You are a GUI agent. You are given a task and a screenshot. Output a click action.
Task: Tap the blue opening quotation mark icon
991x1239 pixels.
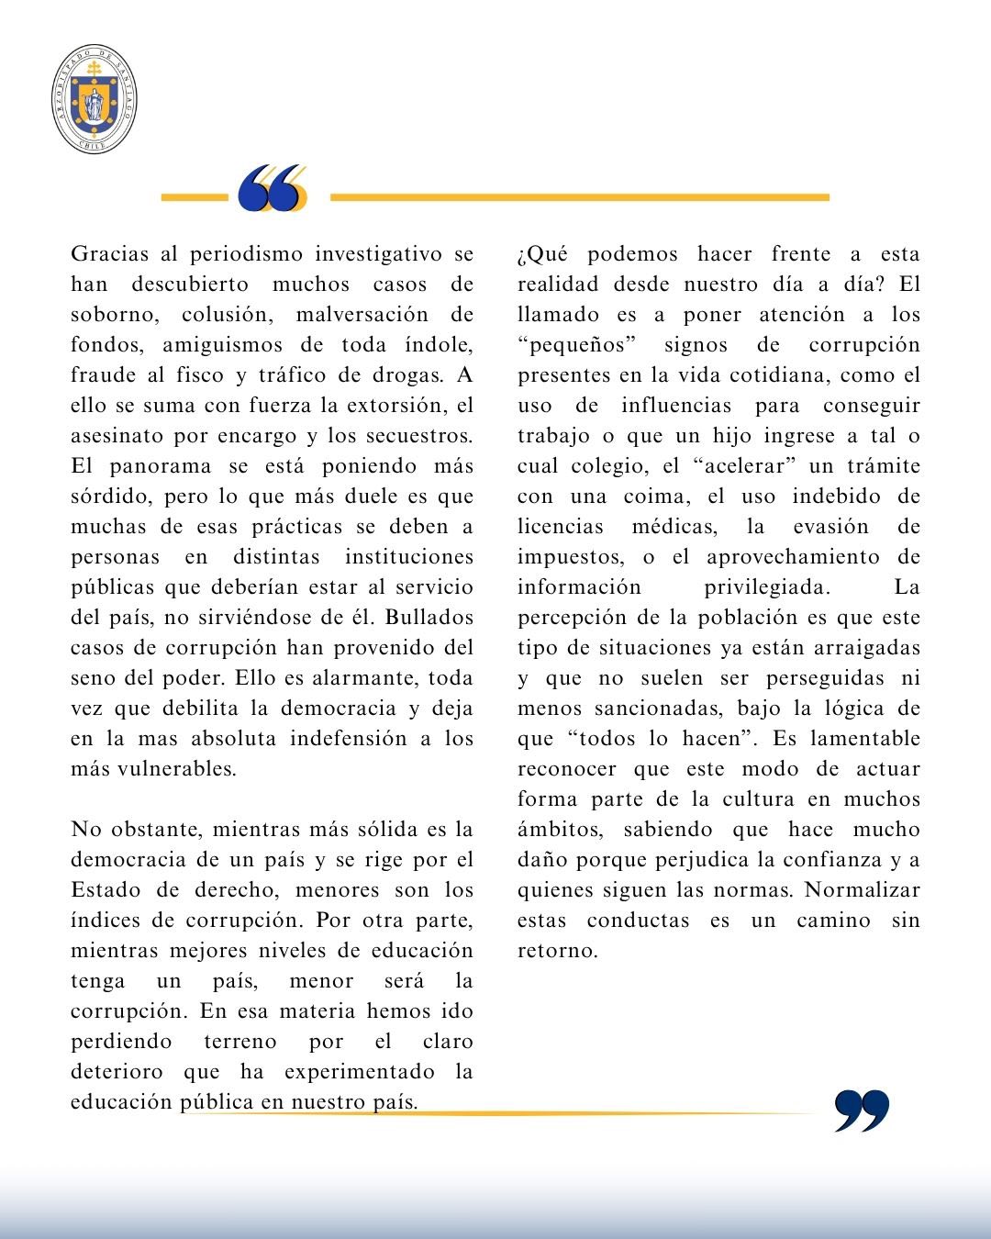(272, 189)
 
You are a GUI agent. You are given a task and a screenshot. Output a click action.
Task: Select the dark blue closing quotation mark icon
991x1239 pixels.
(862, 1111)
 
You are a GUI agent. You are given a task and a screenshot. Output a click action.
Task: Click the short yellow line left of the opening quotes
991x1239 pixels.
(194, 197)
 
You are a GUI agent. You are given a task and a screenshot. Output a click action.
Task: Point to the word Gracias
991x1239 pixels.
(110, 254)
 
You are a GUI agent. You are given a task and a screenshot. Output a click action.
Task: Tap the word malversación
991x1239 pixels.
(362, 315)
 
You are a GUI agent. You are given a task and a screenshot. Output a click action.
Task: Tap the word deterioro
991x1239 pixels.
(117, 1072)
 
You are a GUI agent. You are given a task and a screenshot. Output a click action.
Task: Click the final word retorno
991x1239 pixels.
(557, 951)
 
